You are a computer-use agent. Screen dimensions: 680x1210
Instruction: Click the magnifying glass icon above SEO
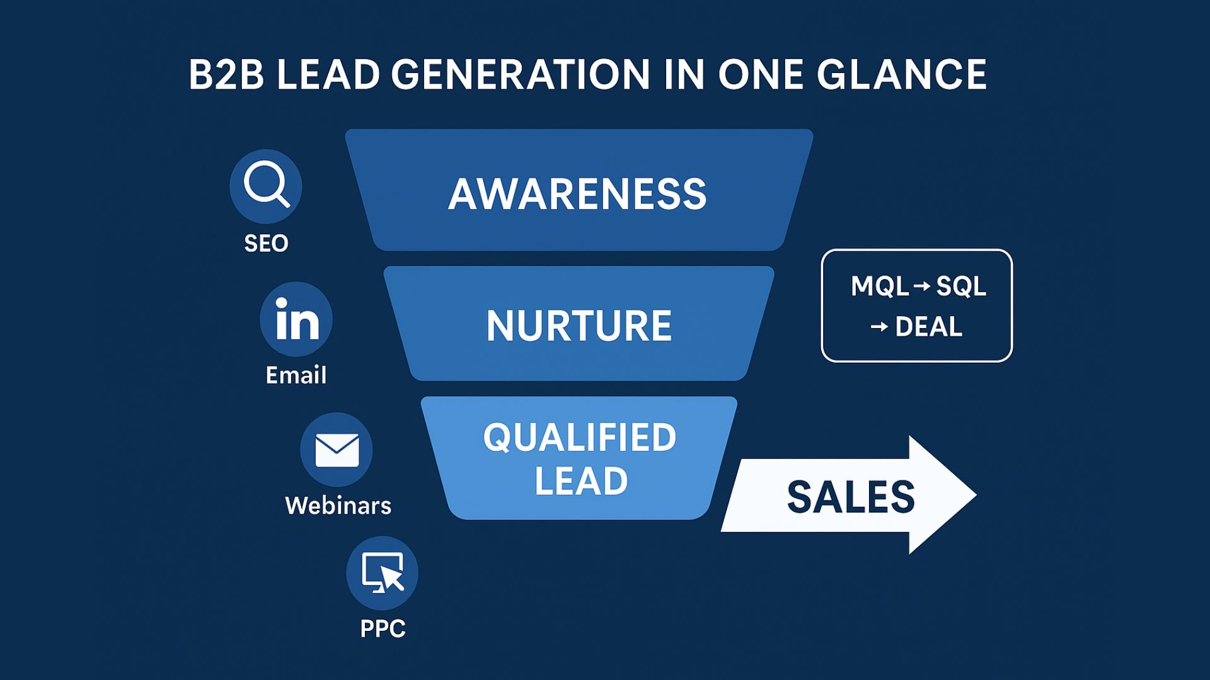[x=265, y=186]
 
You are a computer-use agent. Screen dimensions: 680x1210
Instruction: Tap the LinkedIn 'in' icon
[x=296, y=319]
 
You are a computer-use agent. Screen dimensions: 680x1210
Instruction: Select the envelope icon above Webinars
[x=337, y=450]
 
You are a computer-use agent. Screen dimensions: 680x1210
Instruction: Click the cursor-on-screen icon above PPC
[x=382, y=573]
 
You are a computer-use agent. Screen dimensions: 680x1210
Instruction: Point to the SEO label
[x=266, y=243]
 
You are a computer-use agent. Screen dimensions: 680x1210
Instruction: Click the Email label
[x=296, y=375]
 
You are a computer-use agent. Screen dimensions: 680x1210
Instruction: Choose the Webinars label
[x=338, y=506]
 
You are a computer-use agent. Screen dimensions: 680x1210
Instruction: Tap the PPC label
[x=383, y=628]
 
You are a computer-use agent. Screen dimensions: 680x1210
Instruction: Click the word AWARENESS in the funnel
[x=577, y=193]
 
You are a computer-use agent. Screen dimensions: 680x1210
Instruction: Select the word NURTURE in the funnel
[x=579, y=326]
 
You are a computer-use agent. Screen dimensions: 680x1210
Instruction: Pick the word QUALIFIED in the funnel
[x=579, y=437]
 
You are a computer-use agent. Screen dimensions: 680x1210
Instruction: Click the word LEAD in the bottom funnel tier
[x=581, y=481]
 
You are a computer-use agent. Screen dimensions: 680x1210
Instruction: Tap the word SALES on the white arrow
[x=850, y=497]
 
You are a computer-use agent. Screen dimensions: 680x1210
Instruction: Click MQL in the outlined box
[x=880, y=286]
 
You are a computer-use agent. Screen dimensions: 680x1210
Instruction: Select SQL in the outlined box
[x=961, y=286]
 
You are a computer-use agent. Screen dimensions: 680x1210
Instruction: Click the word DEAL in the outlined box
[x=928, y=327]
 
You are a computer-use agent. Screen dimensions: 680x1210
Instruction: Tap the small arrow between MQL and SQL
[x=921, y=287]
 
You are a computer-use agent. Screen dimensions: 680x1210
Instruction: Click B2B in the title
[x=226, y=75]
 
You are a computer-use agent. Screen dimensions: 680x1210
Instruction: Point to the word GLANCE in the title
[x=902, y=75]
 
